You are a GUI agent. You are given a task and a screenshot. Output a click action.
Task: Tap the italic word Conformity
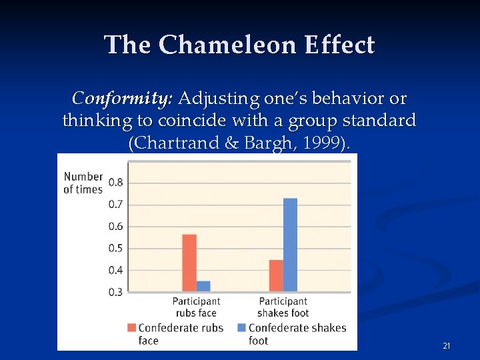click(x=122, y=99)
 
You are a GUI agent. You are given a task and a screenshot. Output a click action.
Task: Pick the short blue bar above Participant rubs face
click(x=203, y=286)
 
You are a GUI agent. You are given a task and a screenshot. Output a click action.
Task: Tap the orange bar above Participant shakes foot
click(x=276, y=275)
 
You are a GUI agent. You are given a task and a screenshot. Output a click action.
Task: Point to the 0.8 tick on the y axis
click(x=115, y=183)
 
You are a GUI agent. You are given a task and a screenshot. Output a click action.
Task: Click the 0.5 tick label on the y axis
click(x=115, y=249)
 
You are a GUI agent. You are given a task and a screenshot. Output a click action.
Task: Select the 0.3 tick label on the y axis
click(x=115, y=292)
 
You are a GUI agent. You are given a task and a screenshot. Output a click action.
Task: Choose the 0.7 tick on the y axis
click(x=115, y=205)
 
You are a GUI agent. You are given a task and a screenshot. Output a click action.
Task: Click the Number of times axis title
click(x=83, y=183)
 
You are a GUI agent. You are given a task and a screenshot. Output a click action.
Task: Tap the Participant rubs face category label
click(x=196, y=307)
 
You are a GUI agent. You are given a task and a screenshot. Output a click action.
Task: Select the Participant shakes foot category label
click(x=283, y=307)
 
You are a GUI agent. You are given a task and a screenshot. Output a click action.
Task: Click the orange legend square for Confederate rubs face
click(x=132, y=327)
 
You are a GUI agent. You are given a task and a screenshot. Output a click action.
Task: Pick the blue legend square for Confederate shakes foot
click(x=242, y=327)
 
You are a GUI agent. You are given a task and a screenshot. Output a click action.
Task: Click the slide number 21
click(x=447, y=346)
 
